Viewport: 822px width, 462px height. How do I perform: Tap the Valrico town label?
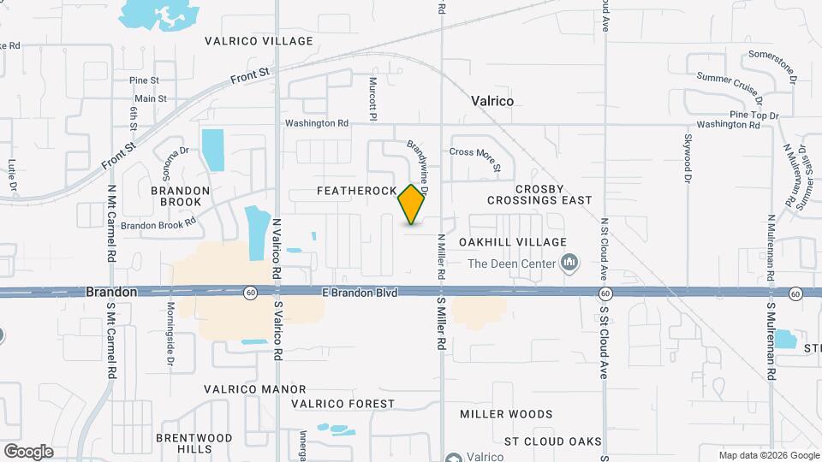point(492,101)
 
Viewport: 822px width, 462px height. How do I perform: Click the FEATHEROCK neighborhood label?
point(357,190)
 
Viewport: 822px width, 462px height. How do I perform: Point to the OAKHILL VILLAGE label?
point(513,242)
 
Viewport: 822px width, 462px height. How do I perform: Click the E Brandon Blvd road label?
point(360,293)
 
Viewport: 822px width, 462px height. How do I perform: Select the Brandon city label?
point(110,293)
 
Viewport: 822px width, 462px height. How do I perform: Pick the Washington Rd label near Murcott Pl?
point(317,123)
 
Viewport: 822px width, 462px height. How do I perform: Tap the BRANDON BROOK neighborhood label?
point(180,196)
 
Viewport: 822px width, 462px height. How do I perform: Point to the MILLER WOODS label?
point(506,414)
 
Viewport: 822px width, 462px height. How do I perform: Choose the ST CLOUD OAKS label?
point(552,441)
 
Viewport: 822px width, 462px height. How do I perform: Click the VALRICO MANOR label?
point(255,388)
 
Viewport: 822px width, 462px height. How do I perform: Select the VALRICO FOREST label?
point(342,404)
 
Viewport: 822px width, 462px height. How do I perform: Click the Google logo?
point(28,451)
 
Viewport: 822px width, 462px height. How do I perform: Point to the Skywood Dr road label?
point(688,157)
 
